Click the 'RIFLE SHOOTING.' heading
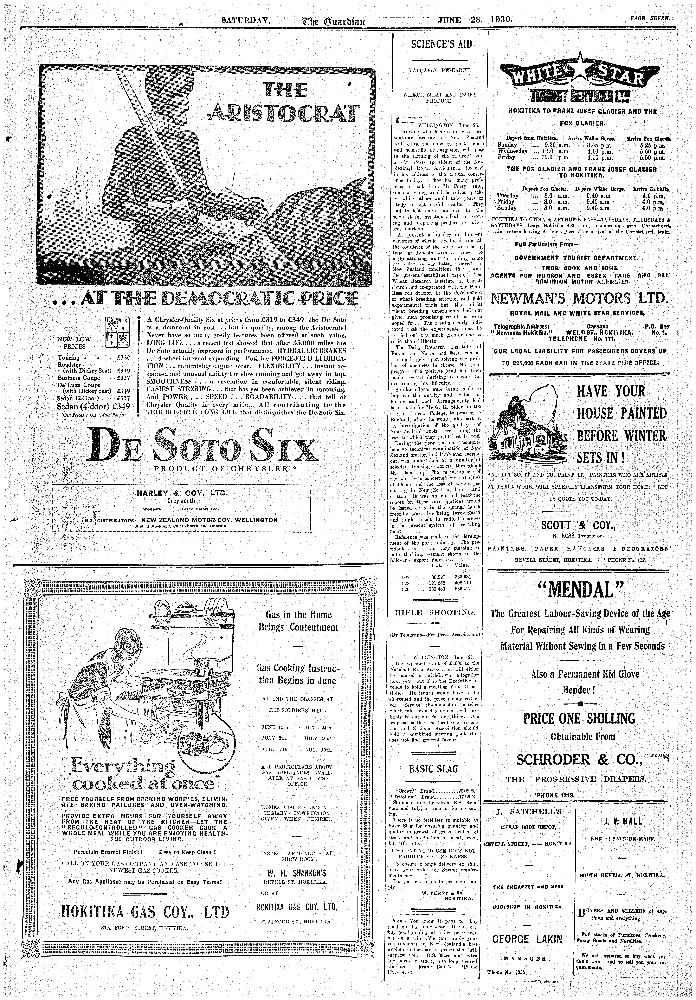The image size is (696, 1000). click(x=435, y=612)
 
